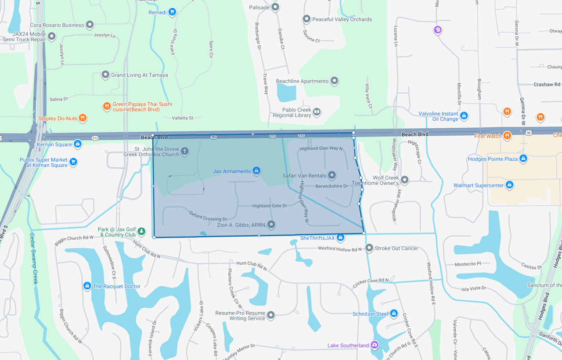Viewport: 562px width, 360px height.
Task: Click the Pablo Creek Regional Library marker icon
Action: click(316, 112)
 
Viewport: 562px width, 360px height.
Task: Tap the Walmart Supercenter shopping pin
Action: click(509, 185)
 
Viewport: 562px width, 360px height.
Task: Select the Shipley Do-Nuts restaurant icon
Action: click(82, 118)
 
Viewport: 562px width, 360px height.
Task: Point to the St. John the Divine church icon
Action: click(185, 151)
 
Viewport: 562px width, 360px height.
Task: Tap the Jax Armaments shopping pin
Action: click(256, 171)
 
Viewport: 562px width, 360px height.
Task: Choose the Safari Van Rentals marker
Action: click(332, 175)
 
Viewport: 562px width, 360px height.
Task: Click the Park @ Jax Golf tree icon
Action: click(141, 231)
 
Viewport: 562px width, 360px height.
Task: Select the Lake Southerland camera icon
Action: click(375, 345)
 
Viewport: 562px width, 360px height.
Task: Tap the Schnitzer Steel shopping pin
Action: click(394, 313)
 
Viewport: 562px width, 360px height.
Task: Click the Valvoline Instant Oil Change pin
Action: click(464, 116)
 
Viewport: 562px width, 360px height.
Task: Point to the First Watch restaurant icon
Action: click(507, 136)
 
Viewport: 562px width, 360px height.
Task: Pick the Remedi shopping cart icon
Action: click(172, 12)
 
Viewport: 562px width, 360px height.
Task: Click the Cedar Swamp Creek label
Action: click(33, 258)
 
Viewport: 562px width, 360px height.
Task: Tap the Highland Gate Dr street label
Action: click(270, 206)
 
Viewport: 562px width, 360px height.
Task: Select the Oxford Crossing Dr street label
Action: click(208, 216)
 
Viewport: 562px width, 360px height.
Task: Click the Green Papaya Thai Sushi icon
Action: click(107, 106)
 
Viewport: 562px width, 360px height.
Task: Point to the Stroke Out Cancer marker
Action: click(369, 248)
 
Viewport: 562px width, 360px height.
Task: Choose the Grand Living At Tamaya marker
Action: click(105, 75)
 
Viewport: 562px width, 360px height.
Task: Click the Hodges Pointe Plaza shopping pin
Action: click(523, 158)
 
